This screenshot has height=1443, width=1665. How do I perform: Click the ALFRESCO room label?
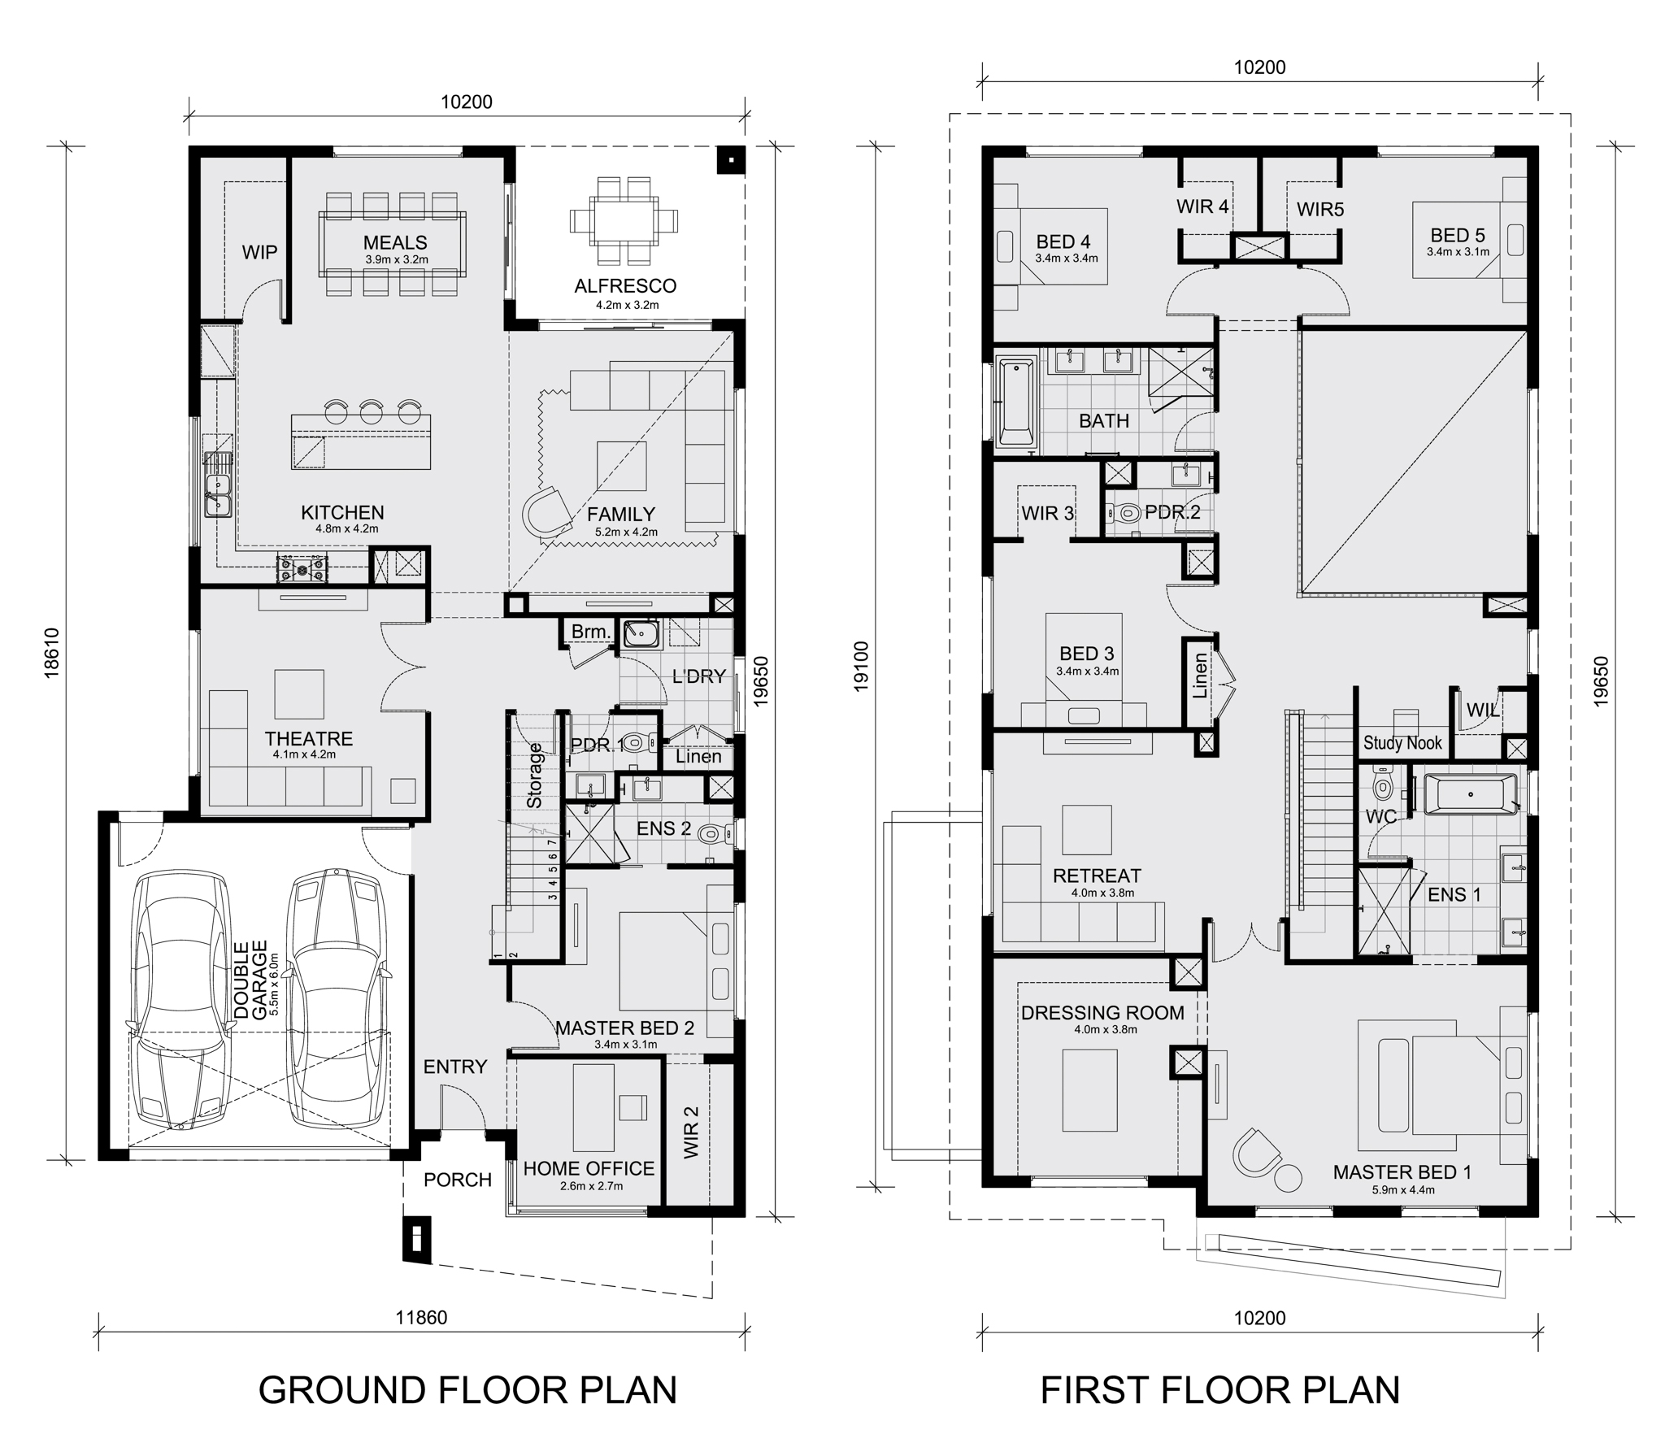click(x=625, y=286)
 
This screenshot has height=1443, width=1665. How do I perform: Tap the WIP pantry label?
click(x=259, y=252)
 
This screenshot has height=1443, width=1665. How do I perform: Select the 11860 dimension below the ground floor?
click(x=421, y=1318)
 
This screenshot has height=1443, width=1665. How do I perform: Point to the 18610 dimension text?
click(x=51, y=653)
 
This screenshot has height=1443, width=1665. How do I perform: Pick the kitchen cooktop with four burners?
click(x=302, y=568)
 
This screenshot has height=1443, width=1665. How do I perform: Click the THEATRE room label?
click(x=309, y=739)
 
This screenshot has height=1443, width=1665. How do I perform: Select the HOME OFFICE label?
click(x=589, y=1168)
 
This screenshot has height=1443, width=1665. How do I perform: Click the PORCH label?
click(x=458, y=1180)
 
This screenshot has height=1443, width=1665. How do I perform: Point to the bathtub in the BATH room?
click(x=1015, y=403)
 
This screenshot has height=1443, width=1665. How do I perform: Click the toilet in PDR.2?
click(x=1123, y=513)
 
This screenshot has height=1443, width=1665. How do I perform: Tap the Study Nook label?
click(x=1402, y=742)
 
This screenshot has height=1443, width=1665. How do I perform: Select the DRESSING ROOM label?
click(x=1102, y=1013)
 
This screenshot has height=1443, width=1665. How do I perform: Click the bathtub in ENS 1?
click(x=1471, y=793)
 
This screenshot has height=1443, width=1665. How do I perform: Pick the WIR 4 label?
click(x=1202, y=206)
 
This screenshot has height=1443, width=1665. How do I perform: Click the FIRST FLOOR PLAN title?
click(x=1220, y=1390)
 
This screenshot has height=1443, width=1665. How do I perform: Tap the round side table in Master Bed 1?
click(x=1288, y=1178)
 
